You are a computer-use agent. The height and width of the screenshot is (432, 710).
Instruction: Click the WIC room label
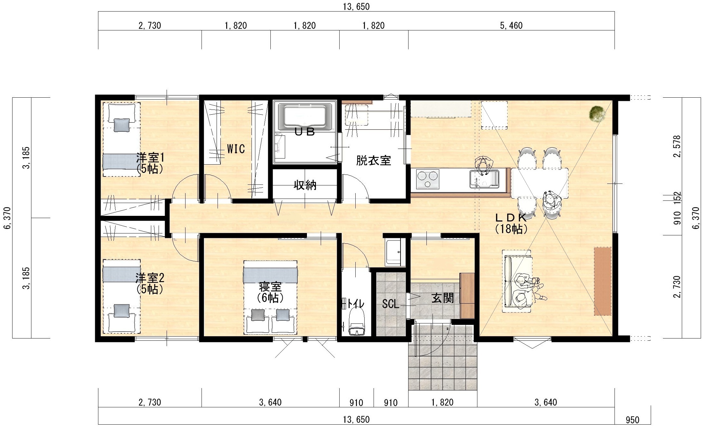(236, 149)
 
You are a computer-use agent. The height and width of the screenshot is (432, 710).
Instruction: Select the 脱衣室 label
(374, 160)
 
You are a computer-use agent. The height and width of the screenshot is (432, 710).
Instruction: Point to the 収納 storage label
(305, 185)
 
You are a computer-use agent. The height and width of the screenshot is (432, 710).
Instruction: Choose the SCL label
(391, 304)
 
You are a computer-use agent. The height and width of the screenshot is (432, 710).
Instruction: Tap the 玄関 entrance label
(443, 298)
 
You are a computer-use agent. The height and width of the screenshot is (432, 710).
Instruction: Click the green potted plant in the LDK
(598, 114)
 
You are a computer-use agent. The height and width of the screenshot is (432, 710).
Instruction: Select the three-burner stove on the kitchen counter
(427, 179)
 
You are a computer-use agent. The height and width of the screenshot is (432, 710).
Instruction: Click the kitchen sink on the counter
(484, 179)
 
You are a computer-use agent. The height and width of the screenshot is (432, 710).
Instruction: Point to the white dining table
(540, 183)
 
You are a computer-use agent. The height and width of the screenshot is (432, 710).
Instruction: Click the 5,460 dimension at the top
(511, 26)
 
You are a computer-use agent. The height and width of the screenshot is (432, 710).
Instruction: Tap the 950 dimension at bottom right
(632, 420)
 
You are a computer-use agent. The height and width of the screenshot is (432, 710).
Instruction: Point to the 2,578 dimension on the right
(677, 146)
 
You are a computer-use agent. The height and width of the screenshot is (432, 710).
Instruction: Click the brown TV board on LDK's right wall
(603, 281)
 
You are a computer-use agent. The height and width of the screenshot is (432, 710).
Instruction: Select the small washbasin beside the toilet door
(393, 252)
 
